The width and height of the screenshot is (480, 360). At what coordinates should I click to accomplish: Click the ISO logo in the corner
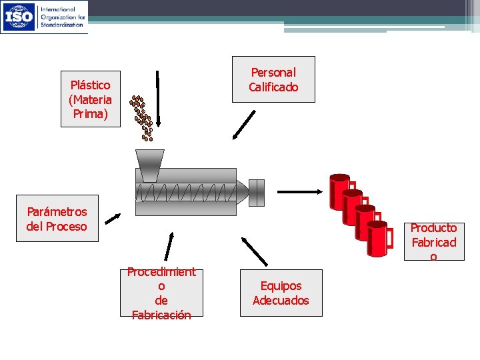coord(19,17)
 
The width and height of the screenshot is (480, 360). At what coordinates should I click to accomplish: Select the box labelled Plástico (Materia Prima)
coord(91,99)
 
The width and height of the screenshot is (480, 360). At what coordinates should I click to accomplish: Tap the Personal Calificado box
coord(273,79)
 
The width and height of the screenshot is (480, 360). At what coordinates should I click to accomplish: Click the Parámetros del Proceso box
coord(57,219)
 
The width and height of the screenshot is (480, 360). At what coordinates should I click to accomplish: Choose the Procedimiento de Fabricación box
coord(161,293)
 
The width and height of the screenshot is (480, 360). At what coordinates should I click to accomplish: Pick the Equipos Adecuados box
coord(281,293)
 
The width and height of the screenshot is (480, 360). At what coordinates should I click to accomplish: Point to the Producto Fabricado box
coord(433,241)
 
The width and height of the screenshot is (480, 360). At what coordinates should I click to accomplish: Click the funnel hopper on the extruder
coord(150,164)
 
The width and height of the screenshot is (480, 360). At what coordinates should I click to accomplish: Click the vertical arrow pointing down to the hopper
coord(159,97)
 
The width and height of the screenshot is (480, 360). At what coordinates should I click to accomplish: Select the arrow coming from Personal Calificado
coord(244,125)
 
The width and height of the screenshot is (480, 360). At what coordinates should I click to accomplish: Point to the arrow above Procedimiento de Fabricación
coord(169,245)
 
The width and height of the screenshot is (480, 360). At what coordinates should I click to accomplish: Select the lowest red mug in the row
coord(377,239)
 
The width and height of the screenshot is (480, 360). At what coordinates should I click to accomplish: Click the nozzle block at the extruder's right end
coord(256,192)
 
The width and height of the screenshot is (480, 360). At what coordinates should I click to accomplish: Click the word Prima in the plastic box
coord(91,113)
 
